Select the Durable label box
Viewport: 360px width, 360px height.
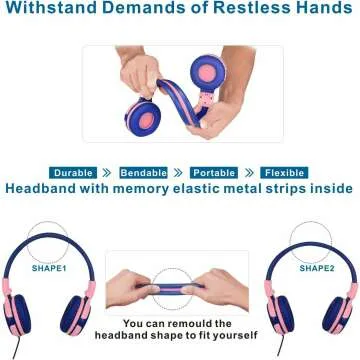pyautogui.click(x=73, y=172)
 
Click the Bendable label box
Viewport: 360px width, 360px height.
pyautogui.click(x=143, y=172)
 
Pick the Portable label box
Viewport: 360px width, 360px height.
pyautogui.click(x=214, y=172)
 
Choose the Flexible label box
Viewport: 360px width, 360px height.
pyautogui.click(x=284, y=172)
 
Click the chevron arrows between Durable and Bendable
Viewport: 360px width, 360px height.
pyautogui.click(x=107, y=172)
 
